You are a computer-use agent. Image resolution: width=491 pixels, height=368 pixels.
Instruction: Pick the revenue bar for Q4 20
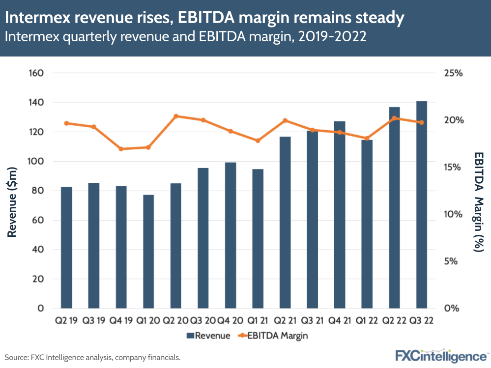point(231,235)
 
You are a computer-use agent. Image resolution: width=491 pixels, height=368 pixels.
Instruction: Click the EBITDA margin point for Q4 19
point(121,149)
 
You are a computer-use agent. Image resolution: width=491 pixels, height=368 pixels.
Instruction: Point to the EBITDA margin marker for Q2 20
point(176,116)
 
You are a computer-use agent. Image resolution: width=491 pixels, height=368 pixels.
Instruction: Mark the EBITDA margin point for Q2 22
point(395,118)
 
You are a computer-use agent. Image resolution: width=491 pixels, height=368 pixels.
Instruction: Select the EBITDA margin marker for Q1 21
point(258,141)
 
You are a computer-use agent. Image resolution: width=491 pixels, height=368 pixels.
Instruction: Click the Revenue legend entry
point(207,336)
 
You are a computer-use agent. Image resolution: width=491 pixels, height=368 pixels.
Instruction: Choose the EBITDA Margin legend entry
point(273,336)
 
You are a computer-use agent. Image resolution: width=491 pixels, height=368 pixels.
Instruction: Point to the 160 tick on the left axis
point(38,73)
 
